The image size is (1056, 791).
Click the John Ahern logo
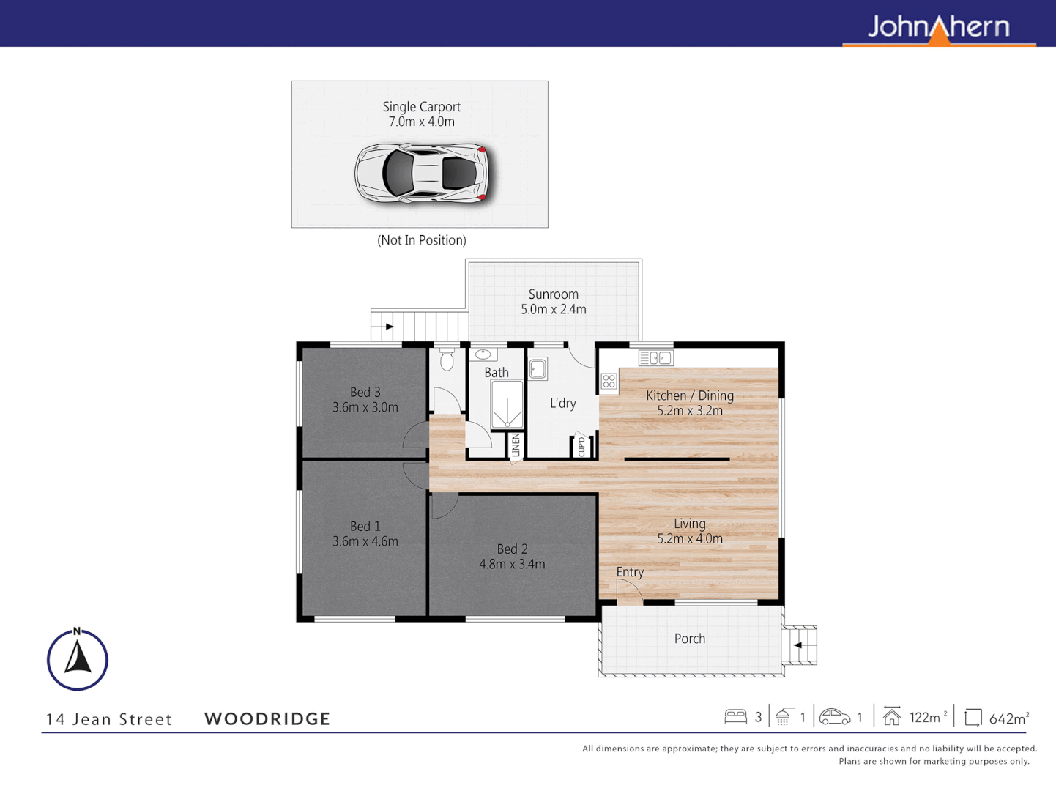coord(938,28)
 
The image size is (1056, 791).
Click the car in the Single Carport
coord(422,174)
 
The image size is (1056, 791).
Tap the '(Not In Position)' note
coord(421,240)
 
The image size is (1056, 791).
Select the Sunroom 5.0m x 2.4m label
coord(554,302)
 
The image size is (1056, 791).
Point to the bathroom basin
coord(483,355)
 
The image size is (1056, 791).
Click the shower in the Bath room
coord(507,404)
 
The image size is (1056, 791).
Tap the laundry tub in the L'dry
coord(538,368)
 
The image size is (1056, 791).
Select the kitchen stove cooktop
coord(609,381)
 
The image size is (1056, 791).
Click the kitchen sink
coord(655,358)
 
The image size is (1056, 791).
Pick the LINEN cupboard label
coord(516,445)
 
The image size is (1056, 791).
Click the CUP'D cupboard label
coord(581,445)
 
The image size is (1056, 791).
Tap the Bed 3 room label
coord(365,393)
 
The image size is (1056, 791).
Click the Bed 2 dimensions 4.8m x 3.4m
coord(512,565)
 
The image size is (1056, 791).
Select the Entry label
coord(630,572)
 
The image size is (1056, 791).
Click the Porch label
coord(689,639)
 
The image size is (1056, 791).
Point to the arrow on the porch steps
coord(798,645)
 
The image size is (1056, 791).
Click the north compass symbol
coord(78,659)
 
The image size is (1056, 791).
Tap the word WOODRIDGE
coord(267,719)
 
